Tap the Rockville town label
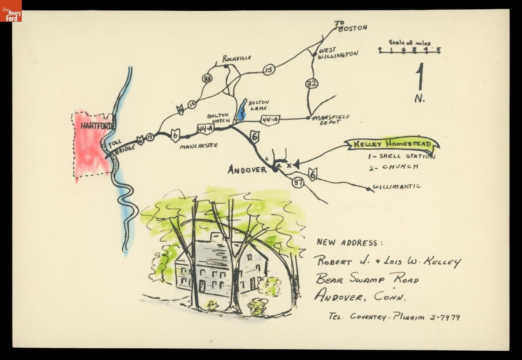click(237, 58)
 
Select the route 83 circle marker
click(207, 78)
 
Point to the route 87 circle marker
click(298, 183)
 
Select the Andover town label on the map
click(247, 170)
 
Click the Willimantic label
click(397, 187)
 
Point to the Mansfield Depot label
click(330, 119)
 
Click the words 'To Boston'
click(351, 26)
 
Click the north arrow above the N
click(420, 77)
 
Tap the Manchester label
click(198, 146)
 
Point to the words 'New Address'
click(350, 243)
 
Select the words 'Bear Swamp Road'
click(368, 278)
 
